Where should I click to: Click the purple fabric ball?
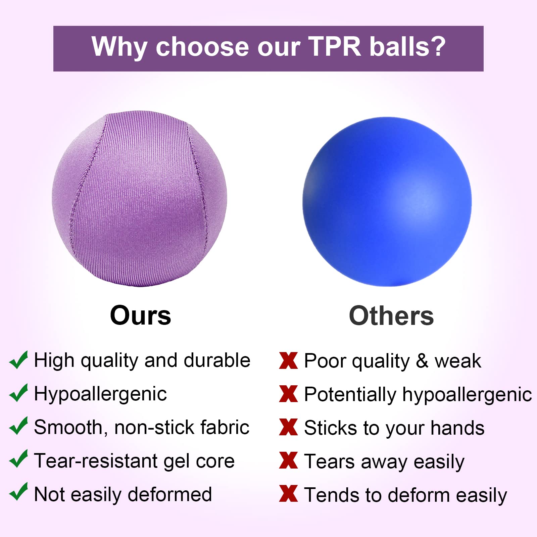pyautogui.click(x=139, y=199)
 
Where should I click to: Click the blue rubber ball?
pyautogui.click(x=387, y=202)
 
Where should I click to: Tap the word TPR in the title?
pyautogui.click(x=334, y=47)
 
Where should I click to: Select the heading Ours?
pyautogui.click(x=141, y=315)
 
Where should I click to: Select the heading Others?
pyautogui.click(x=391, y=316)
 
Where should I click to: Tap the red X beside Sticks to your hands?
pyautogui.click(x=288, y=427)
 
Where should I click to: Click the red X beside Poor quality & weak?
pyautogui.click(x=288, y=361)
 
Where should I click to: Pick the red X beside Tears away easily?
pyautogui.click(x=288, y=460)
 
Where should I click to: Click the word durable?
pyautogui.click(x=217, y=360)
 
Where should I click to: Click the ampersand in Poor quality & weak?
pyautogui.click(x=422, y=361)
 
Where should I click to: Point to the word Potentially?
pyautogui.click(x=350, y=394)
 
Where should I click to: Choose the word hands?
pyautogui.click(x=457, y=428)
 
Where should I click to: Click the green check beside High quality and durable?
pyautogui.click(x=18, y=360)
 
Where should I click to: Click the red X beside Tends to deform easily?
pyautogui.click(x=288, y=494)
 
